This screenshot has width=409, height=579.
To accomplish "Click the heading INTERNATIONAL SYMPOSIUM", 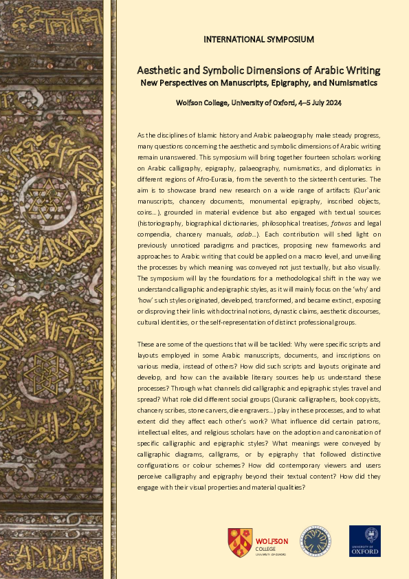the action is [x=258, y=39].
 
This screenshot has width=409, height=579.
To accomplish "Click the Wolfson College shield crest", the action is [x=239, y=541].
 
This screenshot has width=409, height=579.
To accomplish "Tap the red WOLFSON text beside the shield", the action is [x=272, y=541].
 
